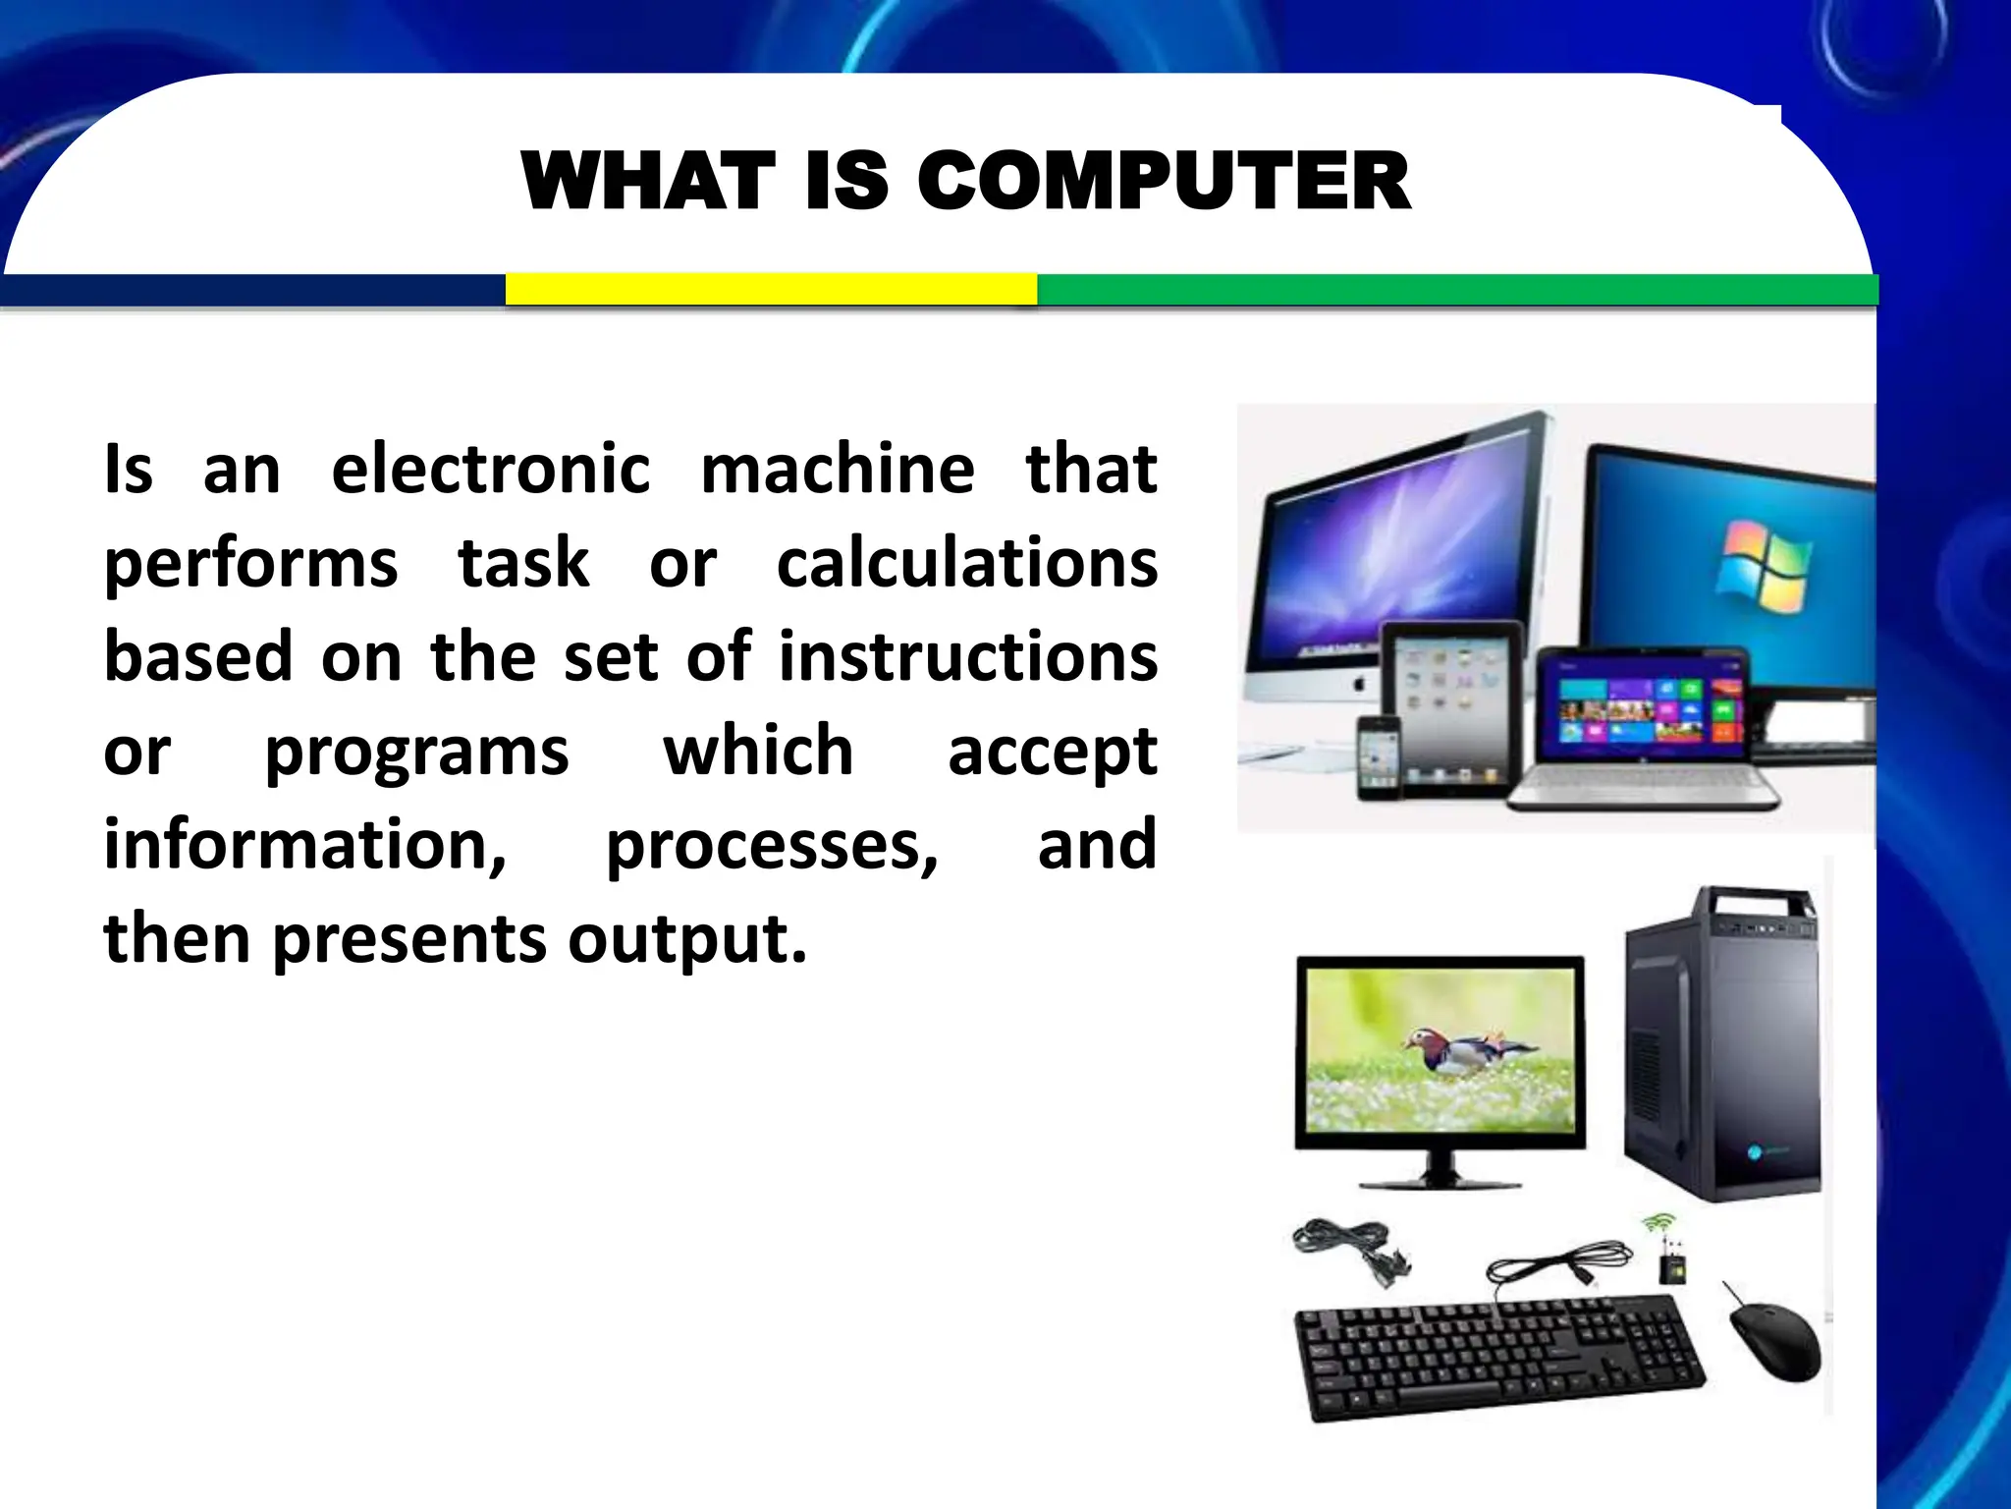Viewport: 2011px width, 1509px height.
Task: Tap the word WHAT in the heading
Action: coord(648,182)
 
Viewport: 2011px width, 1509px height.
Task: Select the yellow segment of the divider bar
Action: coord(771,289)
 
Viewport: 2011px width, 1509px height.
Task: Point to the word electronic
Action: coord(490,469)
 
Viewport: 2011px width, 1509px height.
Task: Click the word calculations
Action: coord(966,563)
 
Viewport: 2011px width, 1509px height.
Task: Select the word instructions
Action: coord(968,656)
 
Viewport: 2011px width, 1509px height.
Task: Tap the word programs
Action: coord(416,752)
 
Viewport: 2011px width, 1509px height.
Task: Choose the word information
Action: coord(305,845)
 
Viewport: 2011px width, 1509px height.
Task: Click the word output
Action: coord(686,938)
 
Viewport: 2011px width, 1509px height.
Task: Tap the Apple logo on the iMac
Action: coord(1359,683)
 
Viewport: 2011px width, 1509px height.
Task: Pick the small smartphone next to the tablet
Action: coord(1378,757)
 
